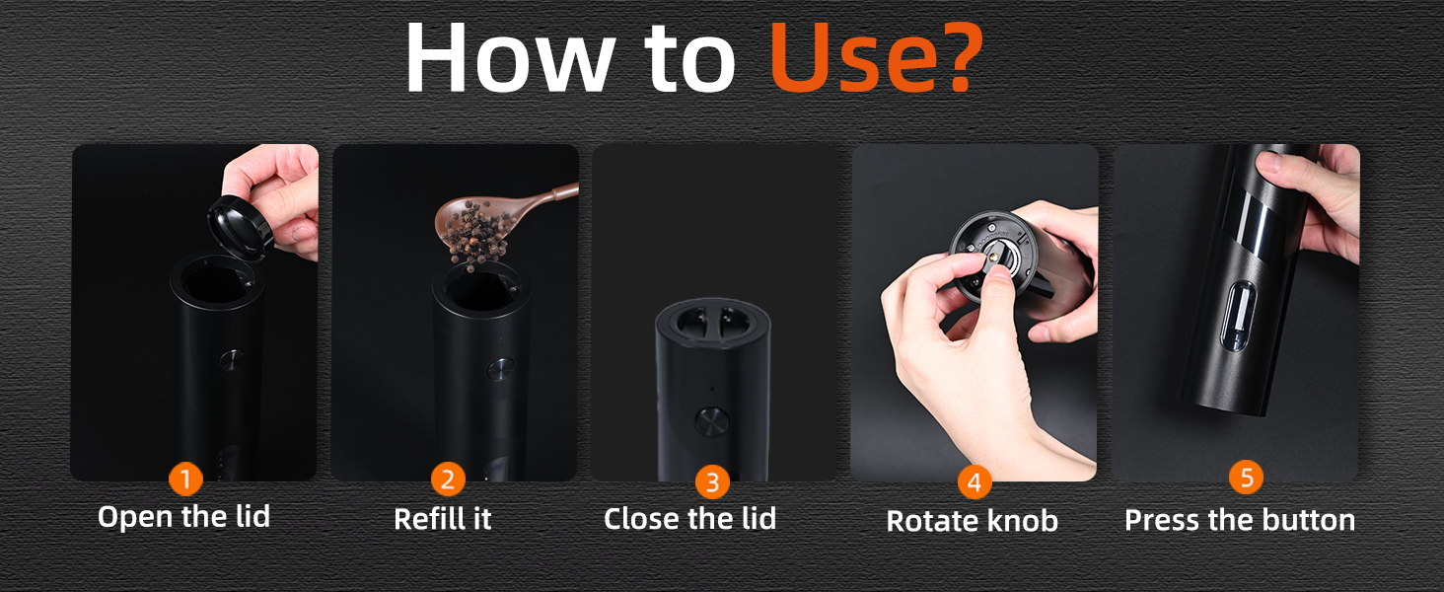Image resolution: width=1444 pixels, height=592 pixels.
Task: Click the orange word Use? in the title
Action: (877, 57)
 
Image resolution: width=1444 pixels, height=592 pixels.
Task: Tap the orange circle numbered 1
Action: (185, 480)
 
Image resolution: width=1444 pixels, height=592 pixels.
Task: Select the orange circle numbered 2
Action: (448, 480)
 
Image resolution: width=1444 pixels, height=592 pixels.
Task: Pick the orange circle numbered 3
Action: (712, 482)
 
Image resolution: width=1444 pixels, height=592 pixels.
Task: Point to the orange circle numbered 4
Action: (975, 482)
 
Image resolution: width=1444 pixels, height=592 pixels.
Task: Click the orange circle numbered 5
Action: (1246, 478)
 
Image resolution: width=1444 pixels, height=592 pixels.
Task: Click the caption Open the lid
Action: (183, 517)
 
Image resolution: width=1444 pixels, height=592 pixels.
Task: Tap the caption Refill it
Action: (443, 518)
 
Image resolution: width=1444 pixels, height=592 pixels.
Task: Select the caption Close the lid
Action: (689, 518)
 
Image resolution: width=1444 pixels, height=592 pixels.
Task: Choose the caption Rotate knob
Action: (973, 521)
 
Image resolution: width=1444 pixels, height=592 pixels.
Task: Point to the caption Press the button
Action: (1240, 520)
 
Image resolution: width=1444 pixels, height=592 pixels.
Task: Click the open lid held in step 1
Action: (240, 228)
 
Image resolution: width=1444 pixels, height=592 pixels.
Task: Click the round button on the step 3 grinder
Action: (712, 421)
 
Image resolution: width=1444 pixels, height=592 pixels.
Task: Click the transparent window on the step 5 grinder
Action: (1237, 317)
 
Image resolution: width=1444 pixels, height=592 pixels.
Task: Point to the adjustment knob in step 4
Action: (993, 256)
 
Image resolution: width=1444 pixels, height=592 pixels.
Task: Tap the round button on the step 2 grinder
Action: (499, 370)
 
